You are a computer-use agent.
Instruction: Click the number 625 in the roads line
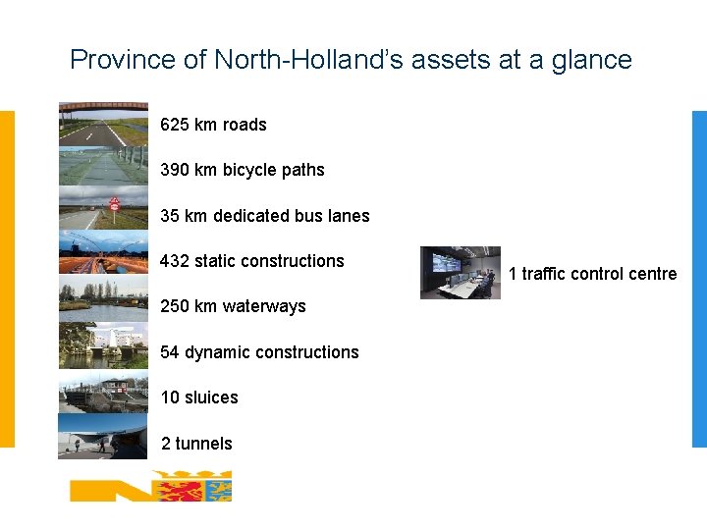[175, 125]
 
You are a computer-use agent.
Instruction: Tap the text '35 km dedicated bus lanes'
[265, 216]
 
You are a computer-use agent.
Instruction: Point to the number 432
[175, 261]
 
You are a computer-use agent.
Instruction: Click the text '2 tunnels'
[196, 444]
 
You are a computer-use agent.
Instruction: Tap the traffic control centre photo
[460, 273]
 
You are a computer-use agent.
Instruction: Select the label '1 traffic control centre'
[592, 274]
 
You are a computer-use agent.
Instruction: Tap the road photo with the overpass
[103, 123]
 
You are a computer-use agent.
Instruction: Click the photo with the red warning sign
[103, 207]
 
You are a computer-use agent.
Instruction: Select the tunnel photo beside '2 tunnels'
[103, 435]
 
